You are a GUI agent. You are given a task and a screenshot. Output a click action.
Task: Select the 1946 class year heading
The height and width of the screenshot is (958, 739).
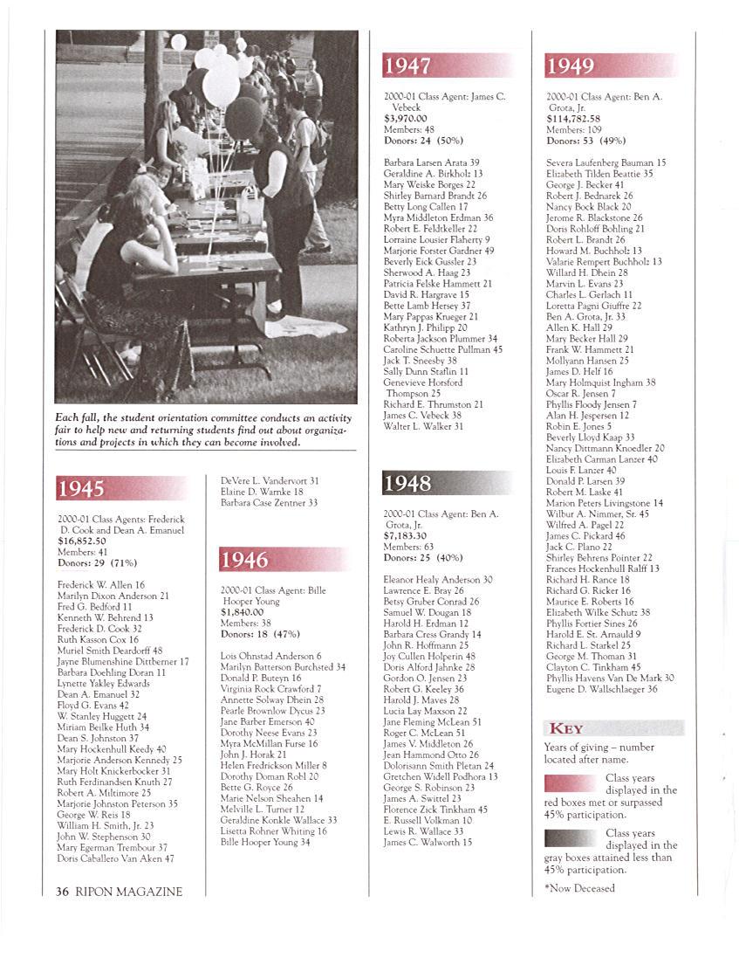[244, 560]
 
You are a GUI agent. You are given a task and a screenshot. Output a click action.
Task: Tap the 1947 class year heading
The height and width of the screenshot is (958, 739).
[408, 65]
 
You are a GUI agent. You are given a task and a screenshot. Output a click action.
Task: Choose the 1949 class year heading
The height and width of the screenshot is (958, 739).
[571, 65]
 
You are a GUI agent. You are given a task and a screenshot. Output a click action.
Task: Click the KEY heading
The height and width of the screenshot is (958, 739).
[565, 728]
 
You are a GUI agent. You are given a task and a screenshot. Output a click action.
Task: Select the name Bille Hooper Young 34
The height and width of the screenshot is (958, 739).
[265, 843]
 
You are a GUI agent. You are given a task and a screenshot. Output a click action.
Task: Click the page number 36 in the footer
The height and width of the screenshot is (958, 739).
[62, 892]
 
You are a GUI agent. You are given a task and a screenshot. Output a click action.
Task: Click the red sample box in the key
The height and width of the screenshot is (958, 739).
[571, 782]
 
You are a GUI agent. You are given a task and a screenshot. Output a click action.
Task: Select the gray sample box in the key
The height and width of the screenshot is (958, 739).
[571, 838]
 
